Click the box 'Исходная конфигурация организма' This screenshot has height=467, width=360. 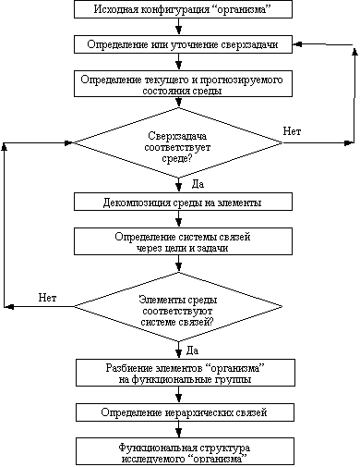coord(183,9)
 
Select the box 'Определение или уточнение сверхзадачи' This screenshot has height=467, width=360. coord(183,44)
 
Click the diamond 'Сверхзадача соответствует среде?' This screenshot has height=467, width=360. coord(178,142)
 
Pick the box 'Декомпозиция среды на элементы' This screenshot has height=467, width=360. coord(183,202)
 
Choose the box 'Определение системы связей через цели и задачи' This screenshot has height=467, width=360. coord(183,241)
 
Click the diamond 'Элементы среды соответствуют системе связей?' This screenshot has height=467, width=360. coord(178,307)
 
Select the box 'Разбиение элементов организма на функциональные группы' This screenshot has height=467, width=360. coord(186,373)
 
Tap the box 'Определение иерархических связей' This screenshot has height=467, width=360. coord(186,412)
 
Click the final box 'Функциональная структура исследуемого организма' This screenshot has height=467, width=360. coord(186,451)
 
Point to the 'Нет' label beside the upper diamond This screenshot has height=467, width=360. coord(292,131)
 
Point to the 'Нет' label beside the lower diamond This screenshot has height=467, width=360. coord(47,298)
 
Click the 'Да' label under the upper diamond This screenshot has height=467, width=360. coord(198,184)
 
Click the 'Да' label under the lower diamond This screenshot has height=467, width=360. coord(192,350)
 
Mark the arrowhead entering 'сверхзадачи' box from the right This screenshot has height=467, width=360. coord(297,44)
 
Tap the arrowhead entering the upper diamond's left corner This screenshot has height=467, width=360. coord(68,142)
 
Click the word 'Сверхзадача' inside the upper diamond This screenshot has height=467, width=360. coord(177,136)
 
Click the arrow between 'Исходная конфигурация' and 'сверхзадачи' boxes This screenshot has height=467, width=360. coord(178,27)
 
